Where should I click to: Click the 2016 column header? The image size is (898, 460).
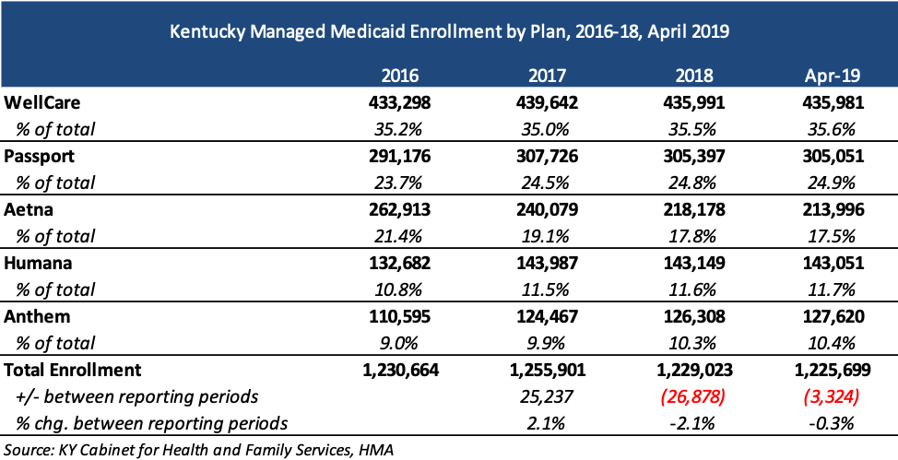click(x=400, y=76)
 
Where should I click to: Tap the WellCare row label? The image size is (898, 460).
click(x=41, y=102)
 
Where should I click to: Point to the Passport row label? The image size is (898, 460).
click(x=39, y=156)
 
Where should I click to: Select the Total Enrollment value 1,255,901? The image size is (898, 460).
click(x=548, y=370)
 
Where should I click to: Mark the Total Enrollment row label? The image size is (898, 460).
click(x=72, y=370)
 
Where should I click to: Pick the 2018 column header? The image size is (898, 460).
click(x=694, y=76)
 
